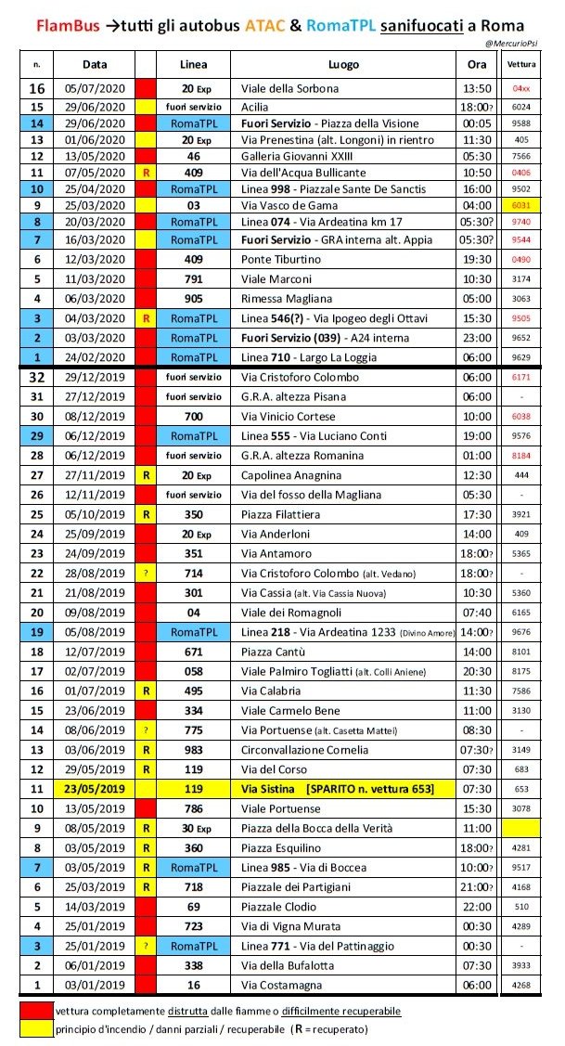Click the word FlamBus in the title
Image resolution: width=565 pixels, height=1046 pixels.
(69, 24)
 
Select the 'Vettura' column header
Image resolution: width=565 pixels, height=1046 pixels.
(521, 65)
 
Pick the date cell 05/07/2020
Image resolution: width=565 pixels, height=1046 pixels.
(95, 89)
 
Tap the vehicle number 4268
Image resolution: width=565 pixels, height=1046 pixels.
(521, 986)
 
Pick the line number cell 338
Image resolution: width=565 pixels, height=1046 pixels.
(194, 965)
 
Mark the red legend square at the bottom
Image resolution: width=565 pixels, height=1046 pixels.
(37, 1010)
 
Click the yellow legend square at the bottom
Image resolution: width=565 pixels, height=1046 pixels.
(37, 1028)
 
